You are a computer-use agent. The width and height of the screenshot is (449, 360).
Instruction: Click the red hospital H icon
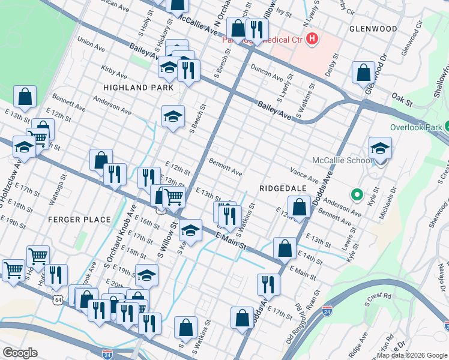click(312, 40)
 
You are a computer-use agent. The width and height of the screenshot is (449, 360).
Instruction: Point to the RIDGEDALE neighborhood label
click(283, 188)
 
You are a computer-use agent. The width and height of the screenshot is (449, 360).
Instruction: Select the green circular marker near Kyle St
click(357, 194)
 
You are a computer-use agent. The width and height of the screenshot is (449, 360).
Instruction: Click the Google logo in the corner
click(20, 353)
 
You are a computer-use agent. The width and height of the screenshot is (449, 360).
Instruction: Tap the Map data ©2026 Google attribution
click(412, 355)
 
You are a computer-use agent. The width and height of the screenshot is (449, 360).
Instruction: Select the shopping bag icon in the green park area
click(25, 96)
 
